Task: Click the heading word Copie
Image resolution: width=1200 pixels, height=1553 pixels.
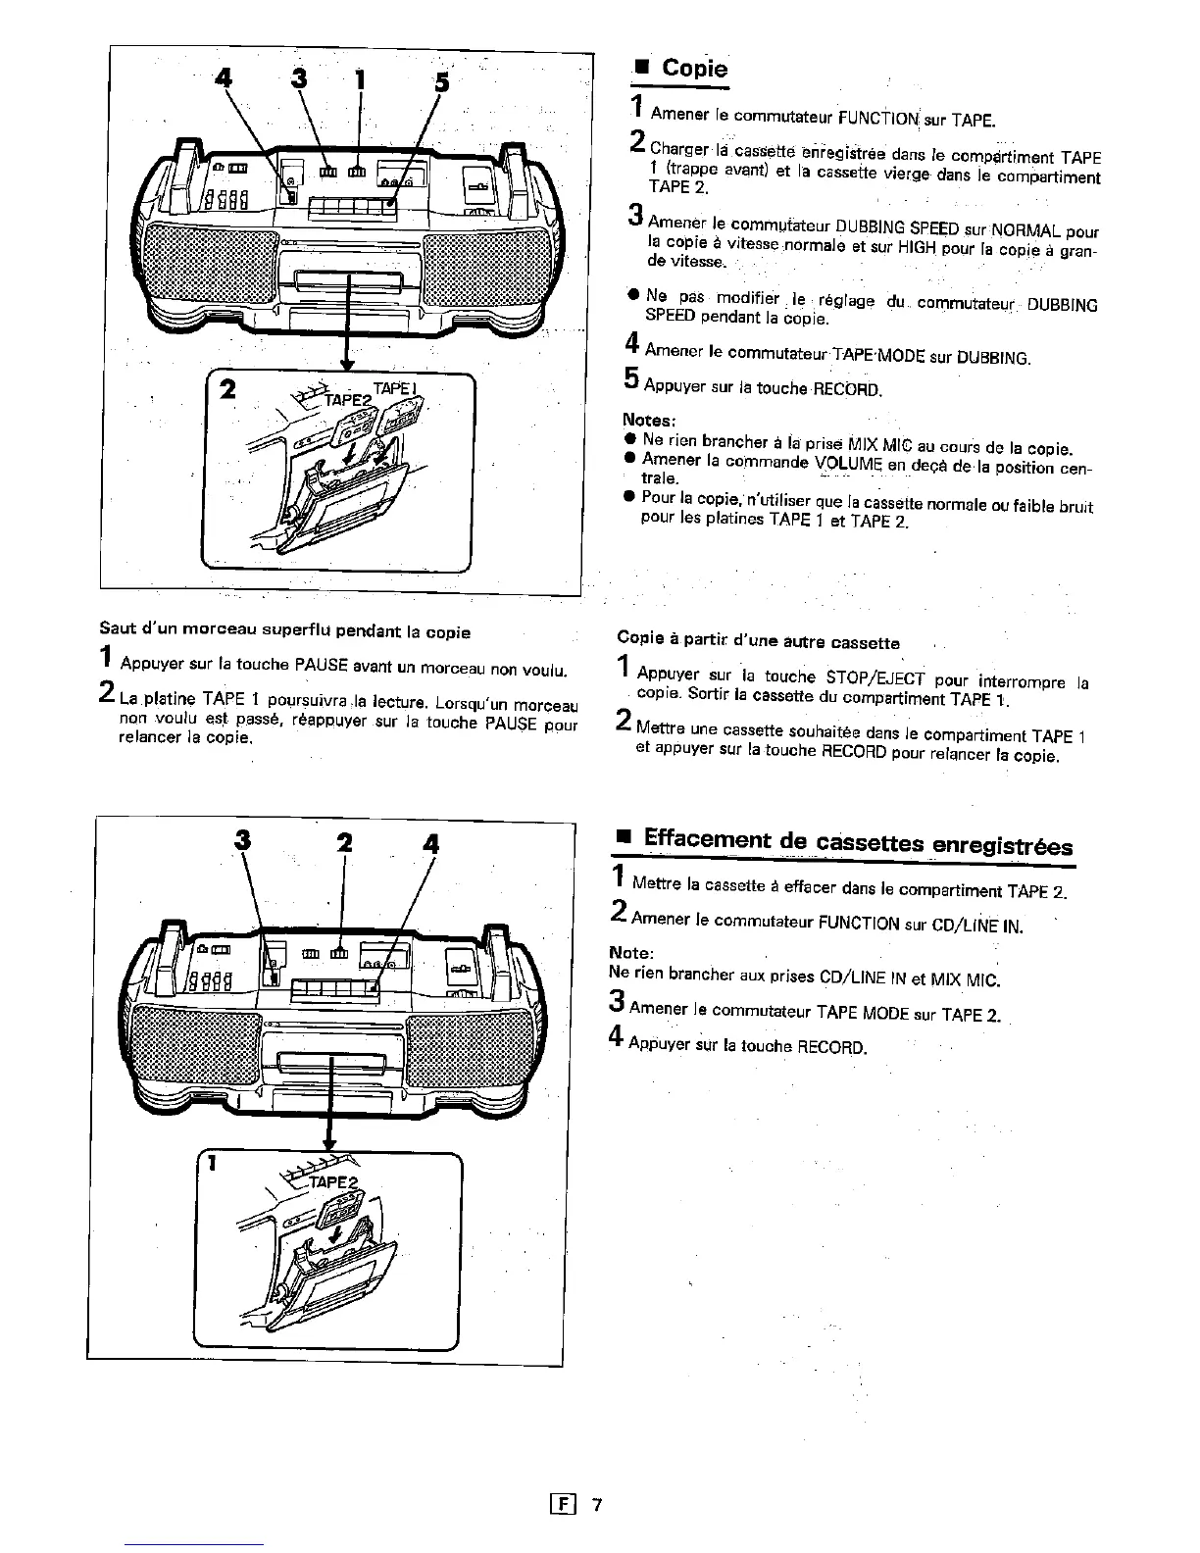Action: [x=694, y=68]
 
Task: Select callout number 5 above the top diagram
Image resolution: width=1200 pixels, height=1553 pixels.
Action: [x=442, y=82]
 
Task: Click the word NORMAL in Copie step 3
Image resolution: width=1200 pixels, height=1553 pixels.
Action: [x=1025, y=232]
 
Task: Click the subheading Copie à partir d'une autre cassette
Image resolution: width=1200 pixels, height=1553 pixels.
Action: [x=758, y=643]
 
